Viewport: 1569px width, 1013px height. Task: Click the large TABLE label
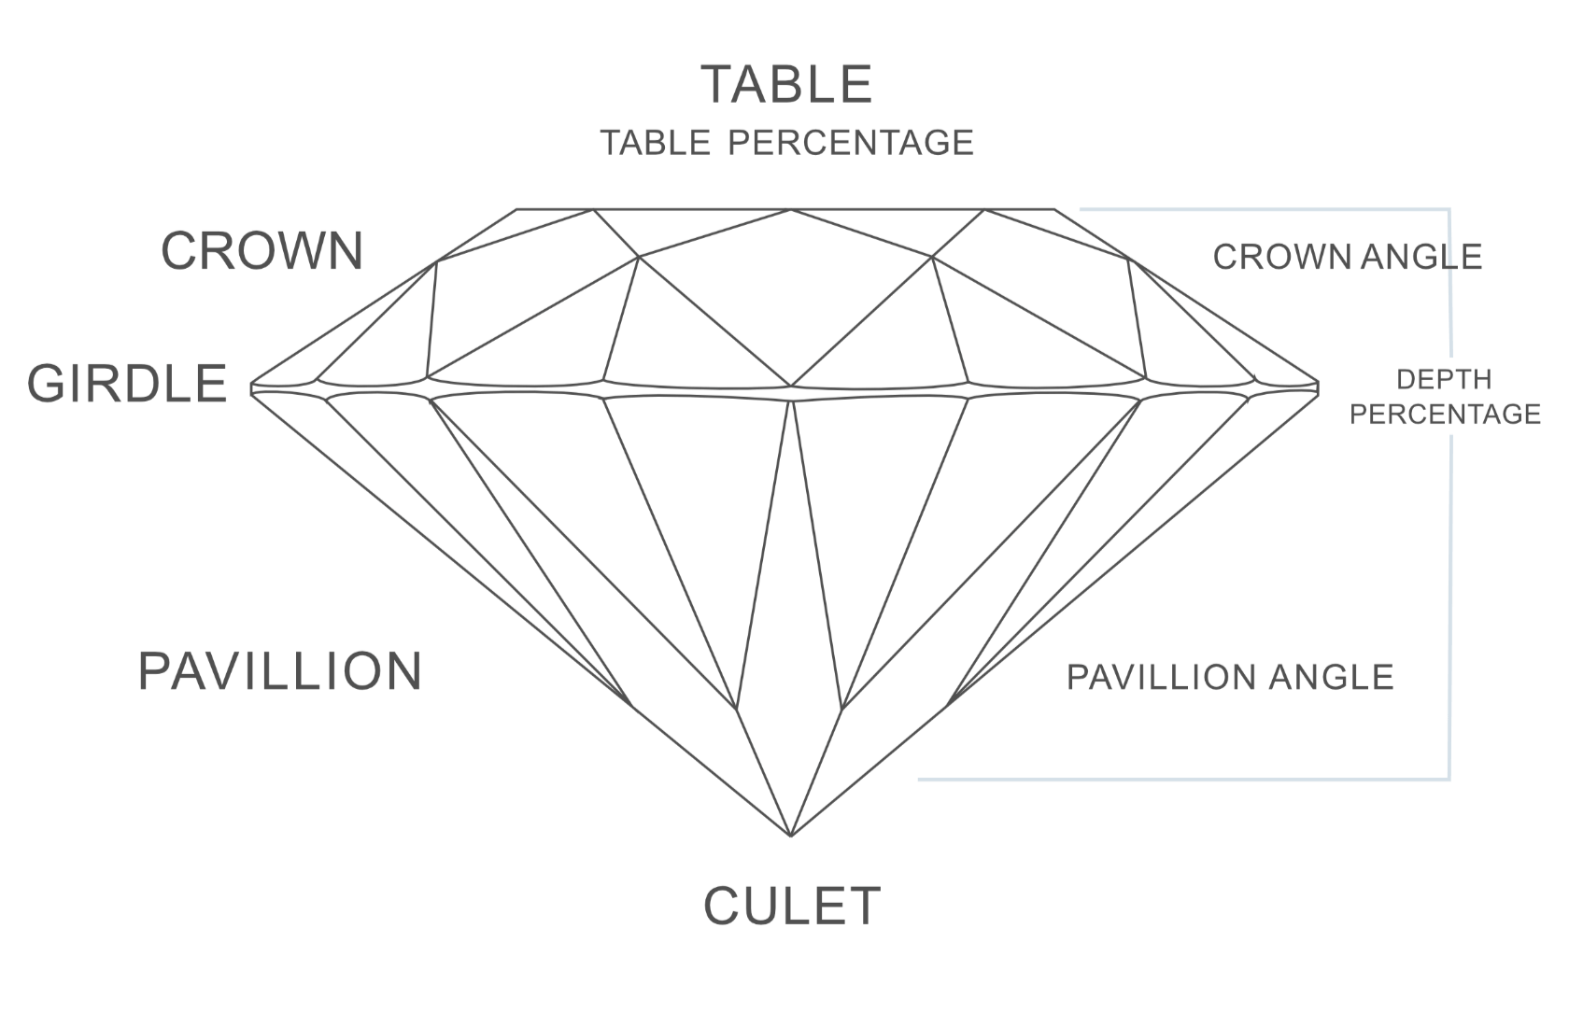click(786, 85)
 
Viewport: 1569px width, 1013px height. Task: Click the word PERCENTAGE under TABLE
click(851, 143)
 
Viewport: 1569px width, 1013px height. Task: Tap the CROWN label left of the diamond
click(262, 250)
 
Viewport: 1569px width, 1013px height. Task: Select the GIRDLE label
click(127, 384)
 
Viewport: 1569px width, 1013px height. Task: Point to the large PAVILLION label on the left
click(280, 671)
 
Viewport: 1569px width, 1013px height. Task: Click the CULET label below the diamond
click(792, 906)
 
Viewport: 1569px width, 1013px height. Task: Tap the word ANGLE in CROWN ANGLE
click(1421, 257)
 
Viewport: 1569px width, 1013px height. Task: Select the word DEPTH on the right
click(1444, 379)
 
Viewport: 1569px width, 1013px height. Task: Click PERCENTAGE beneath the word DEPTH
click(1445, 415)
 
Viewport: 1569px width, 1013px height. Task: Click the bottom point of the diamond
click(791, 836)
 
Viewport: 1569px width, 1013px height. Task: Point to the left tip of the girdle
click(251, 387)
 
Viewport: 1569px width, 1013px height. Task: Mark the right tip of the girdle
click(1319, 387)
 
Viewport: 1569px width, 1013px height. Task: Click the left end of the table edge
click(517, 209)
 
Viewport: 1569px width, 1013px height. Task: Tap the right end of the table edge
click(1055, 209)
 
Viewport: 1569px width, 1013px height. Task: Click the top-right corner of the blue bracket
click(1449, 209)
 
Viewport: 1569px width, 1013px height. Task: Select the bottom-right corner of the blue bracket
click(1449, 780)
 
